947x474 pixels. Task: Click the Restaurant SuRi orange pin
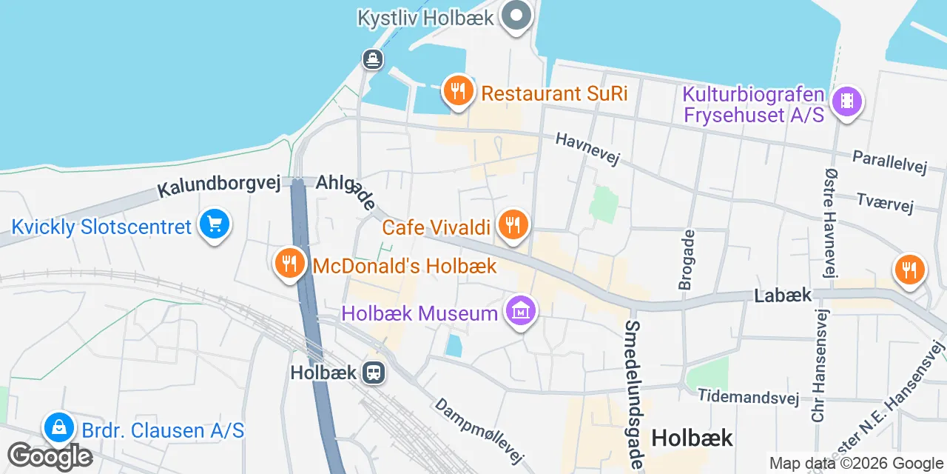pos(458,92)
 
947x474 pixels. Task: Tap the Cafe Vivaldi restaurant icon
pos(512,224)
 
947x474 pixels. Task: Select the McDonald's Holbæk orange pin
pos(289,263)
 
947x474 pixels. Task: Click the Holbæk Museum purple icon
pos(522,312)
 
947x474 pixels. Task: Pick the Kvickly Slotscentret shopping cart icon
pos(215,224)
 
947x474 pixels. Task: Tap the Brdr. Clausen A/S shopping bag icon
pos(58,427)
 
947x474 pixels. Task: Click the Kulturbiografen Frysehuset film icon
pos(847,101)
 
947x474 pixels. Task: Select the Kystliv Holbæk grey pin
pos(516,15)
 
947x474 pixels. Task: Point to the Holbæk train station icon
pos(374,373)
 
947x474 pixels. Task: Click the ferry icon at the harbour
pos(372,59)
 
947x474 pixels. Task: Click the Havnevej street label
pos(587,149)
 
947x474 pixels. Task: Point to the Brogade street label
pos(687,259)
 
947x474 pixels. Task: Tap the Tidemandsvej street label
pos(749,397)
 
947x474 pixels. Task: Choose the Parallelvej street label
pos(889,162)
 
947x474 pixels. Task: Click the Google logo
pos(50,457)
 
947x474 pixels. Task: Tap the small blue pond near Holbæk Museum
pos(454,345)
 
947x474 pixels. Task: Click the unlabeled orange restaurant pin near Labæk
pos(909,269)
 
